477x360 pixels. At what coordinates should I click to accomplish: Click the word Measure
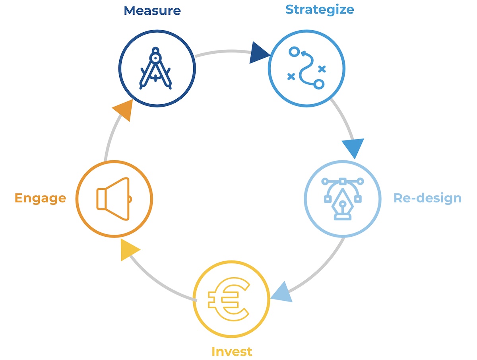(x=152, y=10)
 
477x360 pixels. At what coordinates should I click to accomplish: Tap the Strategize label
(x=320, y=9)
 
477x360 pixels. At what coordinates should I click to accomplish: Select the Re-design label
(x=427, y=198)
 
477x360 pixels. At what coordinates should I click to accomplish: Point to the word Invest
(x=232, y=351)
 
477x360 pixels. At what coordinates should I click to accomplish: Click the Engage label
(x=40, y=198)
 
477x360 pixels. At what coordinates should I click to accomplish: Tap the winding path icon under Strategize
(x=306, y=68)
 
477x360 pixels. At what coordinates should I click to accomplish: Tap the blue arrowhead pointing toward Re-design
(x=353, y=148)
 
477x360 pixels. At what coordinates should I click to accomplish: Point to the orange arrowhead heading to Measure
(x=123, y=109)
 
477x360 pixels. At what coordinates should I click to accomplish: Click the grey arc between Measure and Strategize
(x=223, y=52)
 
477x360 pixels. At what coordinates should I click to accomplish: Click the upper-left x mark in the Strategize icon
(x=291, y=76)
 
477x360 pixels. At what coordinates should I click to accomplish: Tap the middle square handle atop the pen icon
(x=342, y=181)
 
